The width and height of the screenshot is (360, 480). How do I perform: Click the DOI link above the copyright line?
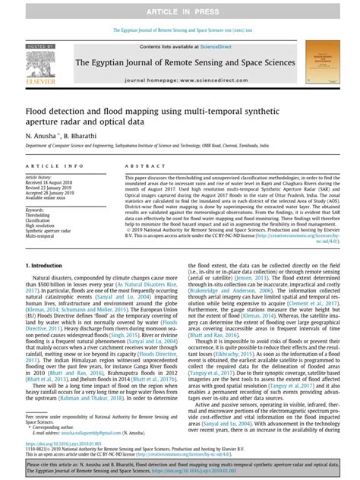[63, 441]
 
